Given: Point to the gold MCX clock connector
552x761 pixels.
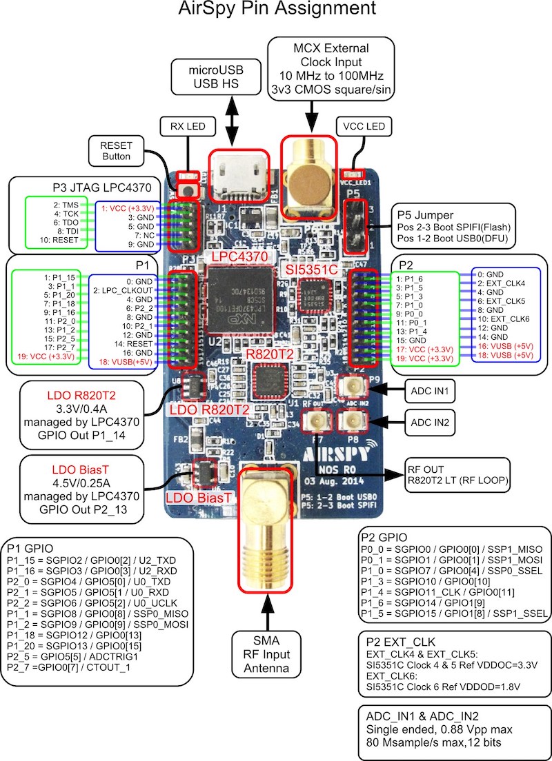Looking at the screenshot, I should tap(309, 172).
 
